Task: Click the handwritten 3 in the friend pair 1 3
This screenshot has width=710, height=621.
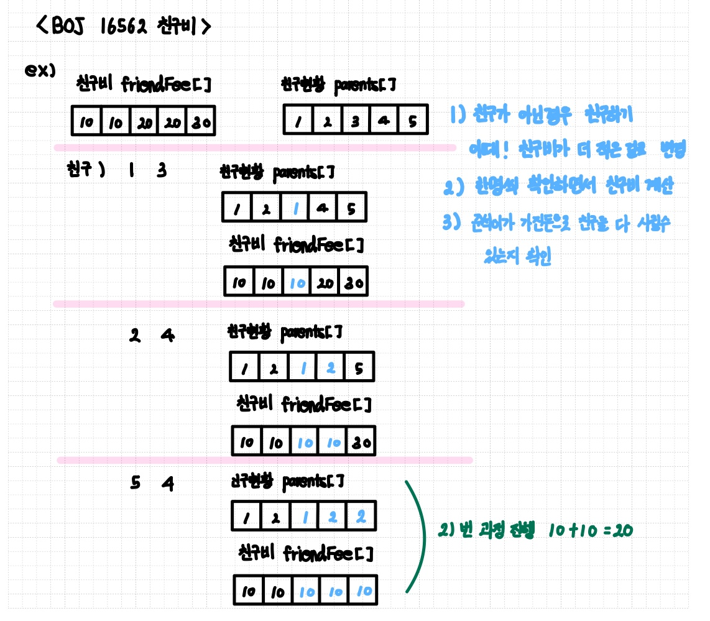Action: pos(162,170)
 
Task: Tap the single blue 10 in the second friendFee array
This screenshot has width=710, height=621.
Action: pos(298,283)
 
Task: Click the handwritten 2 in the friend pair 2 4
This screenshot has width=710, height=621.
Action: pos(134,336)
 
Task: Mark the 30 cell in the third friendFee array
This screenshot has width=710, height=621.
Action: pos(361,443)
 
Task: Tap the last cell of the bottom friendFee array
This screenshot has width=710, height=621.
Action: pos(364,591)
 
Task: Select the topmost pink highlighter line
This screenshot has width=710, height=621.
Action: pos(255,147)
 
